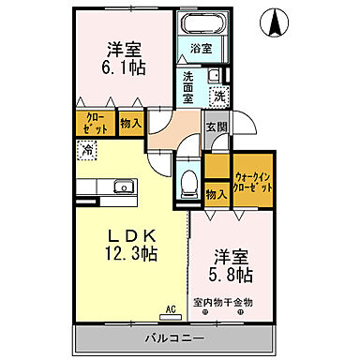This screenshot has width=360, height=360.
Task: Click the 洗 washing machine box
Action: [218, 96]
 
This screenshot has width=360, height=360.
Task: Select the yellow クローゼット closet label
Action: [96, 124]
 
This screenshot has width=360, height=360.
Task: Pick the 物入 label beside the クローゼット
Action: [131, 122]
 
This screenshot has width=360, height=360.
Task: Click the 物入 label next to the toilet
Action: [215, 193]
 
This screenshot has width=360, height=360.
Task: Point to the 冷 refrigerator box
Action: [86, 149]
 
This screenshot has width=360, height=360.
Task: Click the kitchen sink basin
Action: [121, 187]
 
